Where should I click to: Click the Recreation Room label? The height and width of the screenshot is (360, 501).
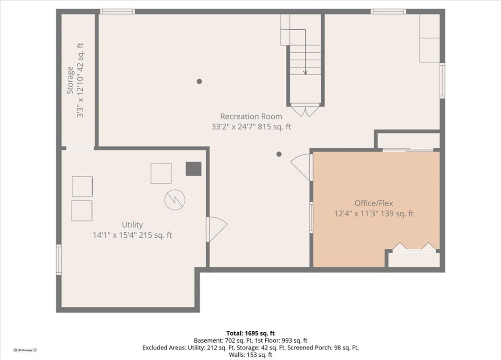pyautogui.click(x=251, y=116)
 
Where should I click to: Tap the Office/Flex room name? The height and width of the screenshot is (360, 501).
pyautogui.click(x=373, y=203)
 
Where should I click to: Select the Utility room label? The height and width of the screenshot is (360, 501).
pyautogui.click(x=132, y=225)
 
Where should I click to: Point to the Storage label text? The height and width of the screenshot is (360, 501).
pyautogui.click(x=70, y=80)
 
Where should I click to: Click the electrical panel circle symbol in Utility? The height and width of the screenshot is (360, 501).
pyautogui.click(x=175, y=199)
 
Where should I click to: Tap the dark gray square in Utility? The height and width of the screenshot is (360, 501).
pyautogui.click(x=194, y=169)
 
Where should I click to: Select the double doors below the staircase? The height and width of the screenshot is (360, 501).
pyautogui.click(x=305, y=110)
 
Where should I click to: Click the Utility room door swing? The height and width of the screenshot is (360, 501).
pyautogui.click(x=216, y=229)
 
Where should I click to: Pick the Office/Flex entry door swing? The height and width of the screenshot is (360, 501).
pyautogui.click(x=302, y=166)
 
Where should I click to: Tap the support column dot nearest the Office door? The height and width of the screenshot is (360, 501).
pyautogui.click(x=279, y=154)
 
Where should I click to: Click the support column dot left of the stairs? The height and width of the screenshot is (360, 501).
pyautogui.click(x=199, y=81)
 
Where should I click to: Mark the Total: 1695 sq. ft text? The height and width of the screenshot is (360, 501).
pyautogui.click(x=250, y=333)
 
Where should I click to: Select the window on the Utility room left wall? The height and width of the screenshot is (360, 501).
pyautogui.click(x=59, y=259)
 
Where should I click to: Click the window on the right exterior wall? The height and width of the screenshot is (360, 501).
pyautogui.click(x=442, y=81)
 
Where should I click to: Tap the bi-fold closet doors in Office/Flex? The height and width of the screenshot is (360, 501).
pyautogui.click(x=414, y=247)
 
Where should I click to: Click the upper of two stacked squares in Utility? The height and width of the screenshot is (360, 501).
pyautogui.click(x=82, y=186)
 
